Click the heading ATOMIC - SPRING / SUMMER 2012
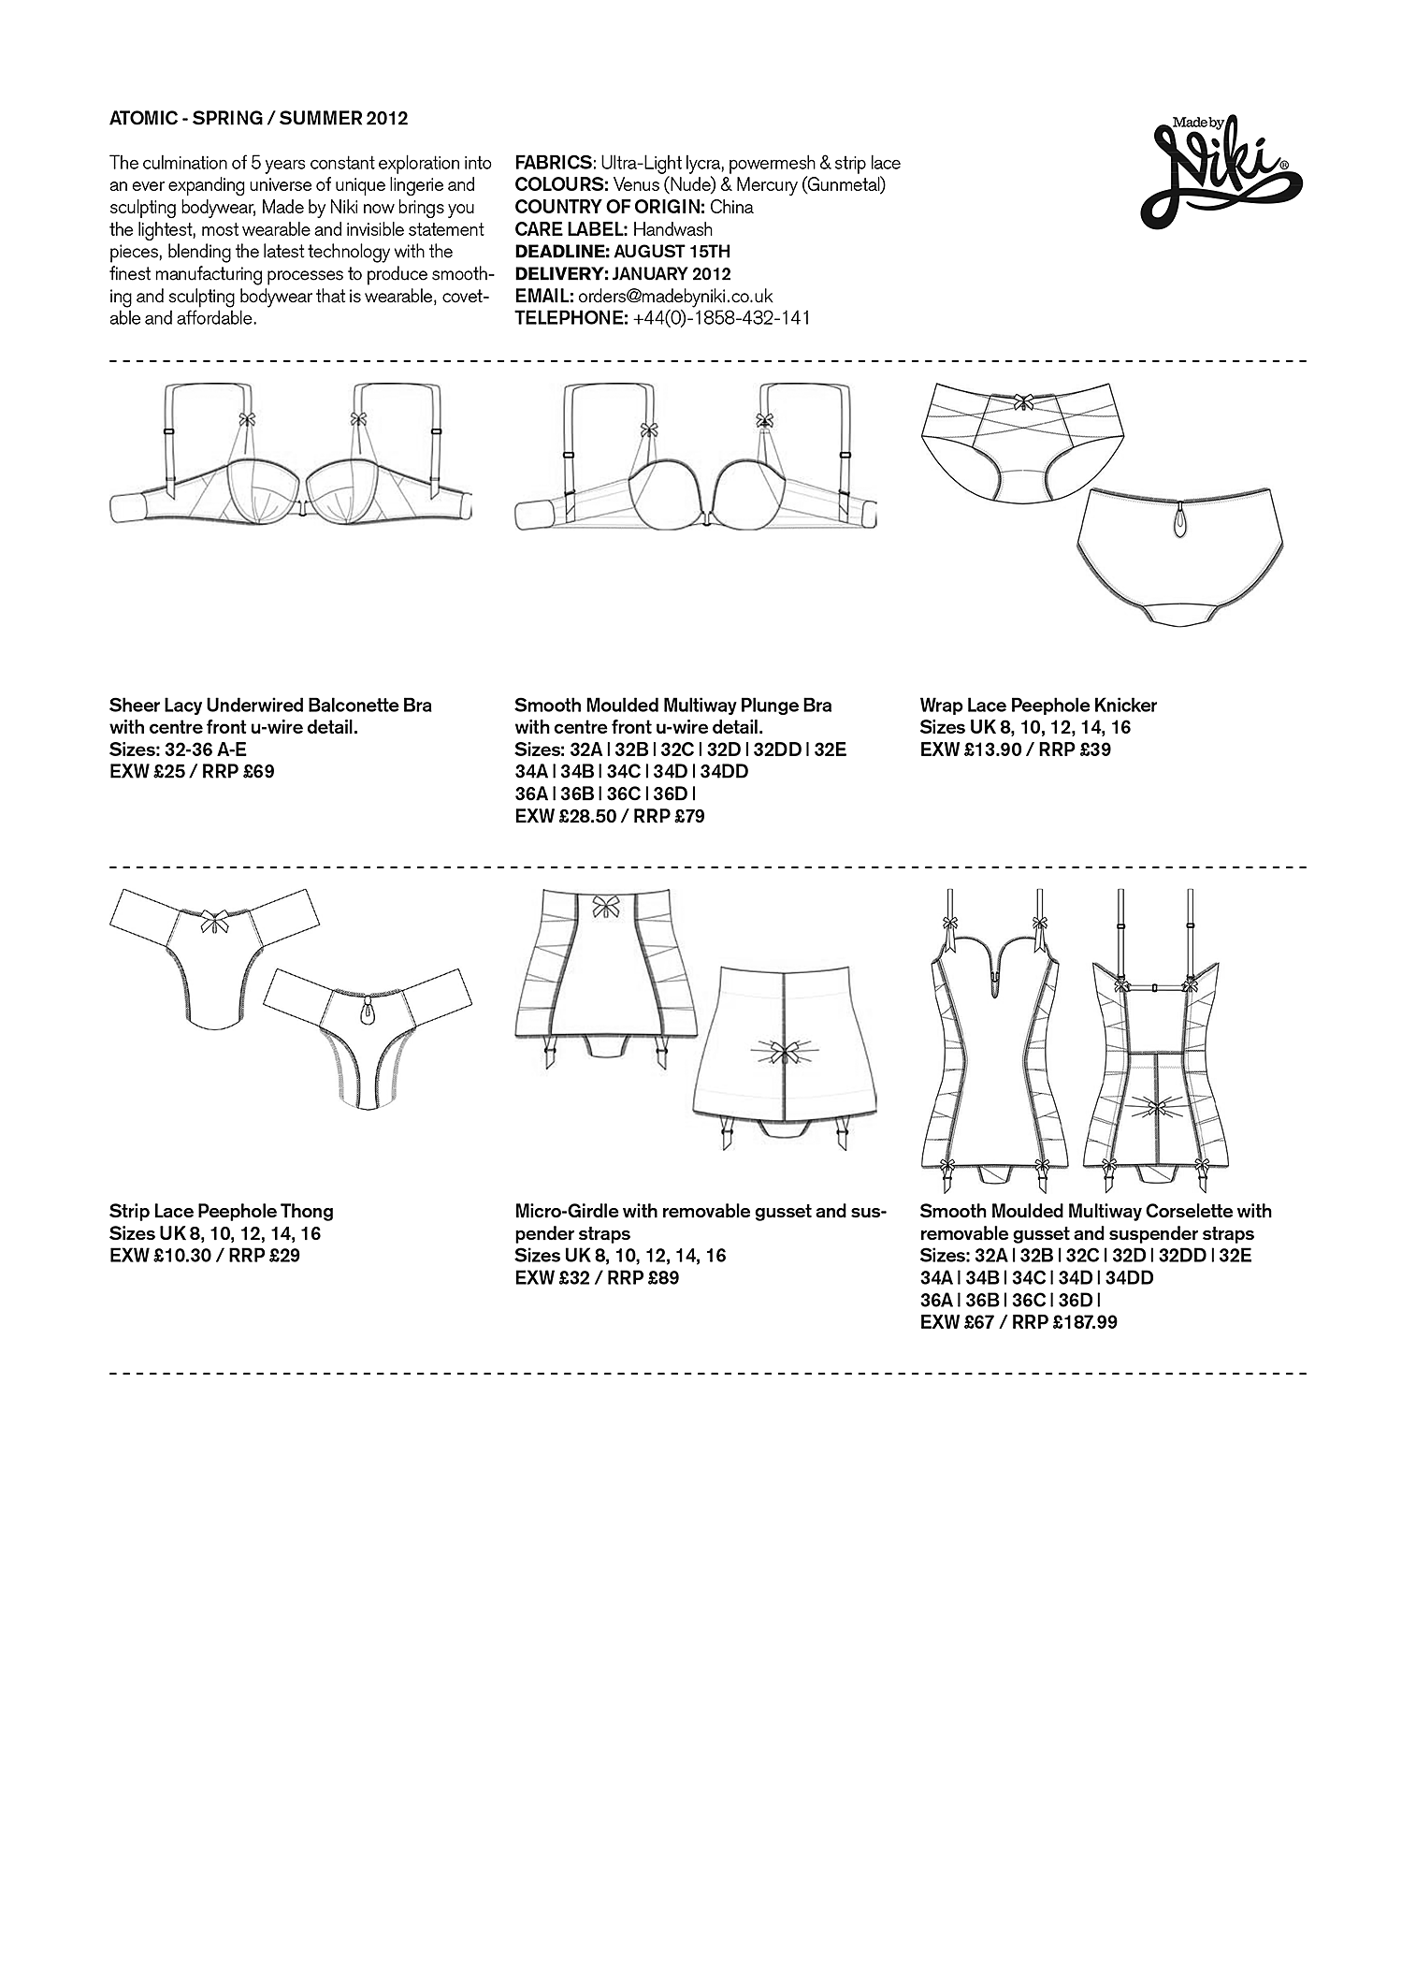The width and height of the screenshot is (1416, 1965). click(x=258, y=119)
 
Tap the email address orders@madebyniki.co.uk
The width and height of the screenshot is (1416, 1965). click(x=674, y=296)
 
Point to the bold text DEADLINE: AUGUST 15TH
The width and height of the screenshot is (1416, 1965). click(x=622, y=252)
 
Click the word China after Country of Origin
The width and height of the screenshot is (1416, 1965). click(x=731, y=207)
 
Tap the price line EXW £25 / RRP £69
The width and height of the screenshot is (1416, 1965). click(x=192, y=772)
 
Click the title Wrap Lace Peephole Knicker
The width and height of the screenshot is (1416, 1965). click(x=1038, y=706)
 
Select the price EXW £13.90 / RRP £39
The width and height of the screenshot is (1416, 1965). click(x=1015, y=750)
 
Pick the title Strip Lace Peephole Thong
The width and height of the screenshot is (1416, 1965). click(x=221, y=1211)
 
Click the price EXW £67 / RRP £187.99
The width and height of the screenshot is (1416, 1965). click(x=1019, y=1322)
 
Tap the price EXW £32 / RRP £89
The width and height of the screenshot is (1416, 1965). click(x=597, y=1277)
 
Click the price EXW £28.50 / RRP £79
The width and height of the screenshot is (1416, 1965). click(x=609, y=816)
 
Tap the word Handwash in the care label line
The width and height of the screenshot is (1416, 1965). click(x=672, y=229)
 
